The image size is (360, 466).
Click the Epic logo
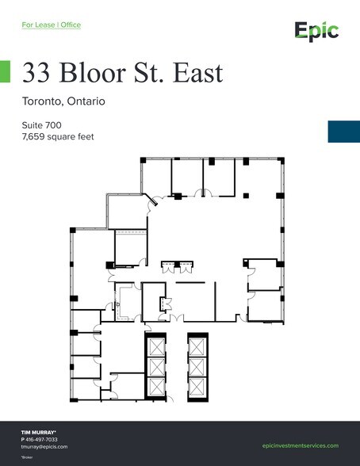[316, 31]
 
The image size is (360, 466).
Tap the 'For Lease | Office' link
[51, 25]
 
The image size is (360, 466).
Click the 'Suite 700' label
[42, 124]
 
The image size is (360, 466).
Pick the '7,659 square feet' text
[58, 136]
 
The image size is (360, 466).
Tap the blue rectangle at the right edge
[343, 132]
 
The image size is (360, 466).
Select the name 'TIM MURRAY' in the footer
[38, 432]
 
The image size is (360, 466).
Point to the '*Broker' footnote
[26, 457]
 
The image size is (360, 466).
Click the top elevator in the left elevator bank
[155, 346]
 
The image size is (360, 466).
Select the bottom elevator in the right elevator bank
[197, 386]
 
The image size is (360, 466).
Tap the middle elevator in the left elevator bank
[155, 366]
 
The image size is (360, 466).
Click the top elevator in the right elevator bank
[197, 346]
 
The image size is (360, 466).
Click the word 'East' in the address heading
[193, 73]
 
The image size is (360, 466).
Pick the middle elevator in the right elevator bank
[197, 366]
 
